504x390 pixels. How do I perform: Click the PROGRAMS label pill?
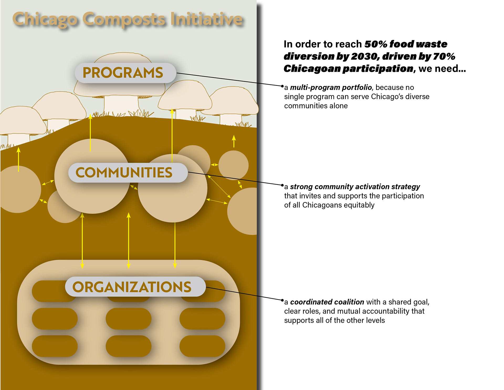coord(125,73)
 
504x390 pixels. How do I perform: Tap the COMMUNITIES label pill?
coord(128,173)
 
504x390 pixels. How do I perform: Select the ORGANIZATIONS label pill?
coord(135,286)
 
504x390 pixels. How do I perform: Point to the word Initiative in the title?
coord(206,19)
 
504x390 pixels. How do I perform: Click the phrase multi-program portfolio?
coord(331,88)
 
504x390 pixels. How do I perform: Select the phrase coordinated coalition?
coord(327,302)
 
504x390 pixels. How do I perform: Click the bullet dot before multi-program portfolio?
coord(282,86)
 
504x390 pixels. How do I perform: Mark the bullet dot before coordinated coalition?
coord(282,300)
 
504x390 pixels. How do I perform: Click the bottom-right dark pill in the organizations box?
coord(202,346)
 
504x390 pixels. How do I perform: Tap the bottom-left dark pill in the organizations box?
coord(55,346)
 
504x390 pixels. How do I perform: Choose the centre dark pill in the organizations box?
coord(129,319)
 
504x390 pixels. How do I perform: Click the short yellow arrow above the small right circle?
coord(234,141)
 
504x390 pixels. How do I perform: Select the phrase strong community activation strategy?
coord(355,187)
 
